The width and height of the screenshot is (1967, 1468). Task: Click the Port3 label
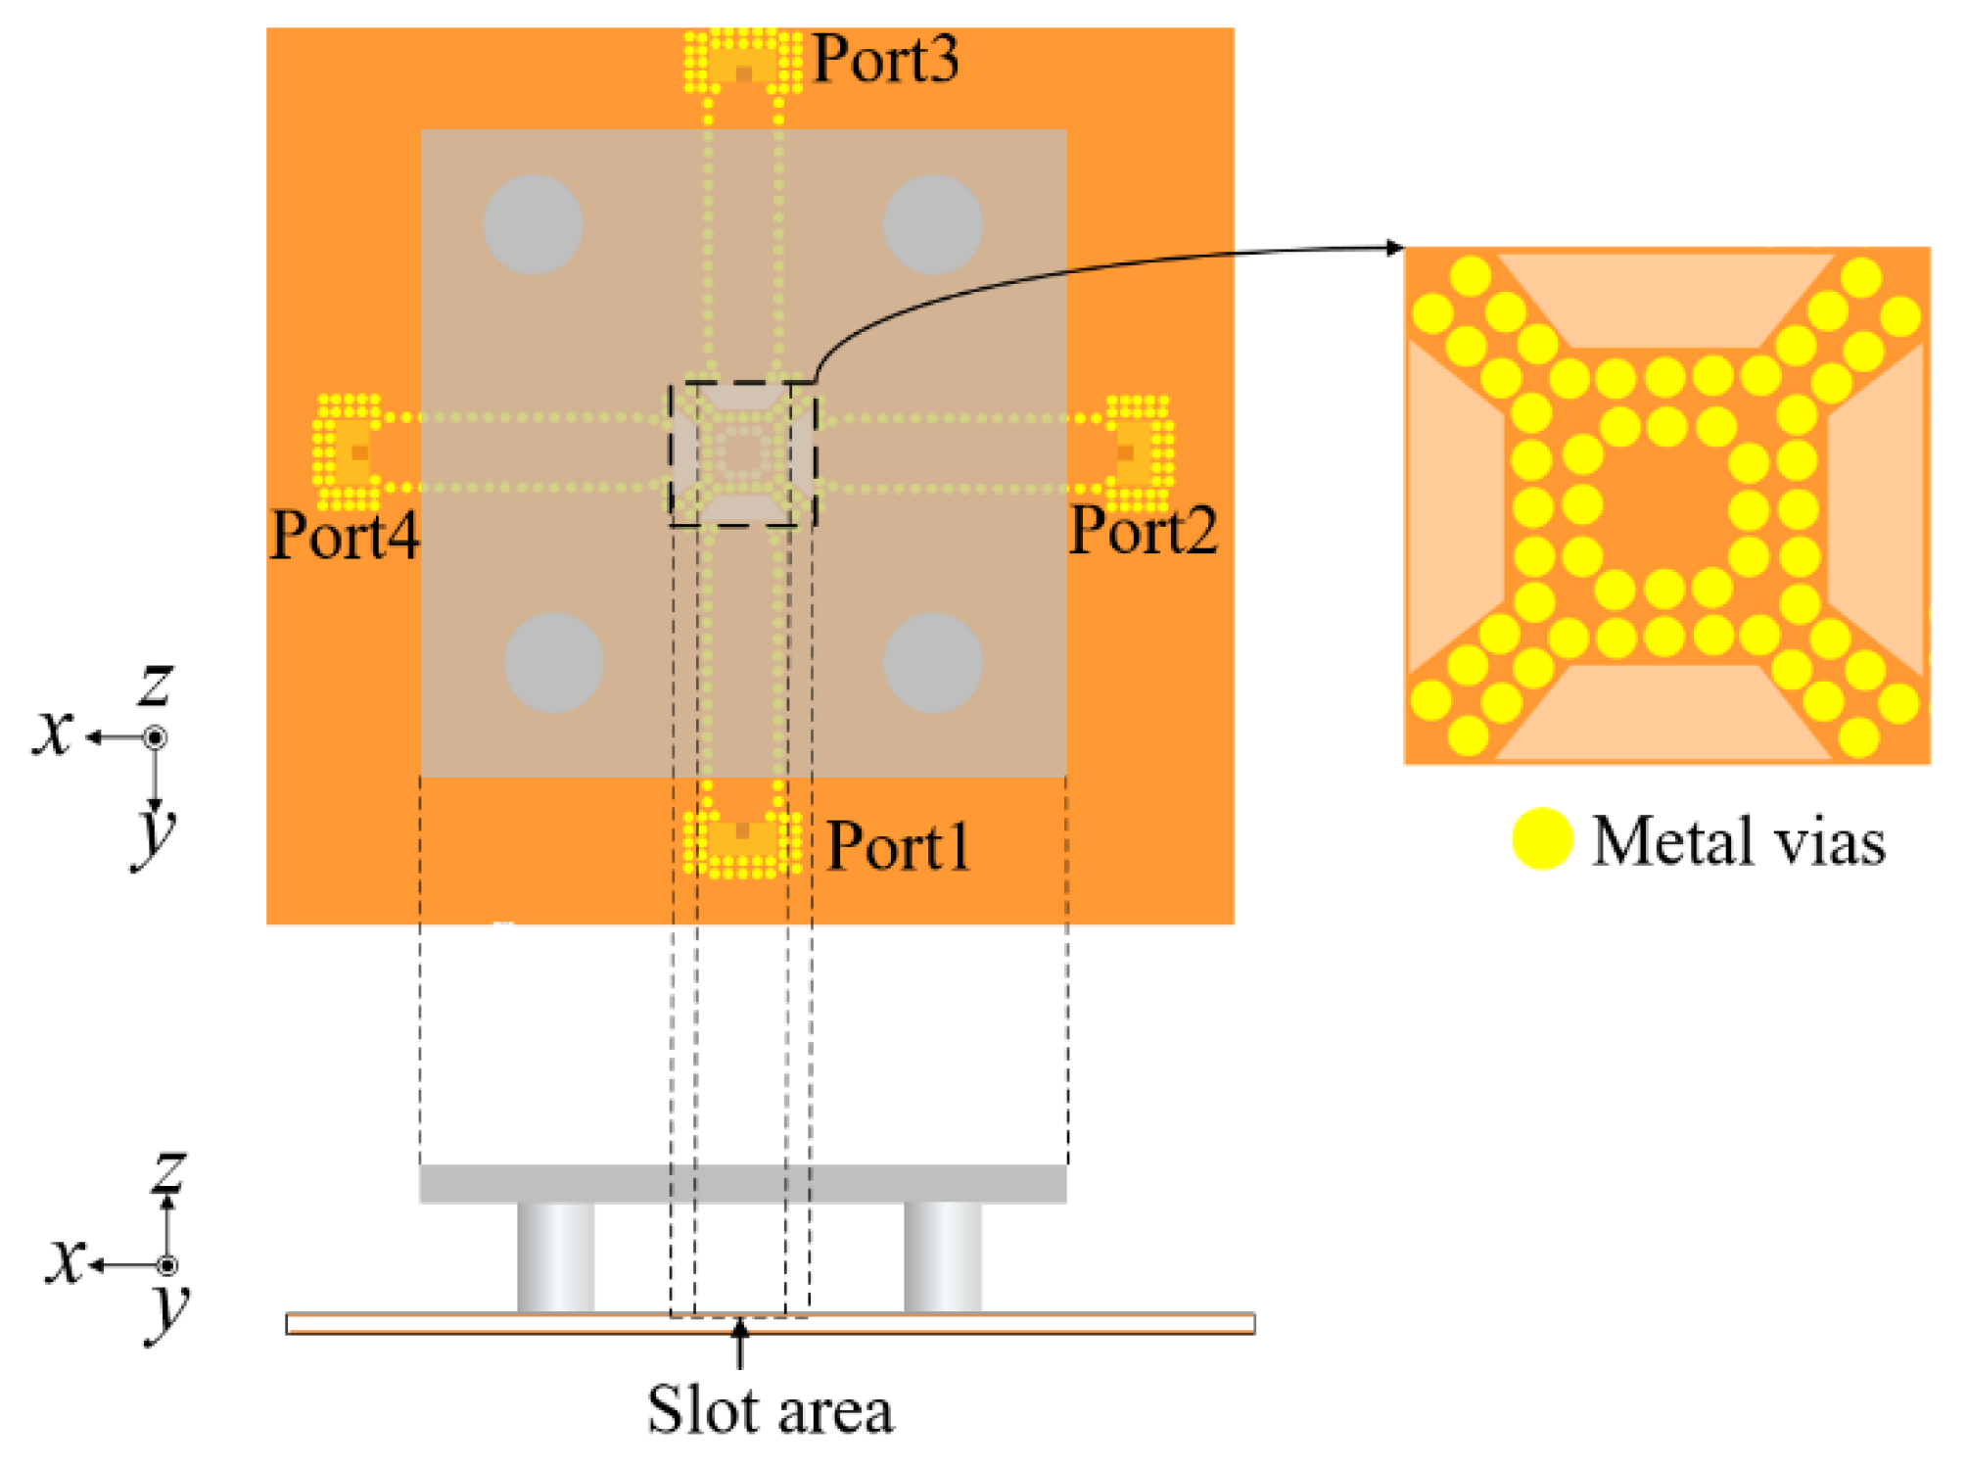click(x=885, y=60)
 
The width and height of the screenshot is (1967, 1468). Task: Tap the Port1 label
click(x=898, y=846)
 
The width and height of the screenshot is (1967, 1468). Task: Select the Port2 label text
click(x=1143, y=532)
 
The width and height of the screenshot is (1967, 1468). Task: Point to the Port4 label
click(x=345, y=536)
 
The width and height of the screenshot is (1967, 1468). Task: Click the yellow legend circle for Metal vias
click(x=1542, y=839)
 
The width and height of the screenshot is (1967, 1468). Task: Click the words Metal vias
click(x=1738, y=841)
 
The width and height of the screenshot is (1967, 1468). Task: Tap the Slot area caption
click(x=770, y=1411)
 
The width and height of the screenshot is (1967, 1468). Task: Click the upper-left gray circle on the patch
click(x=534, y=224)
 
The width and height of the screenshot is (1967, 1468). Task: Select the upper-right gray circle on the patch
click(x=932, y=224)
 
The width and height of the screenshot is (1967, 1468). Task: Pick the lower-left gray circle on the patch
click(x=553, y=663)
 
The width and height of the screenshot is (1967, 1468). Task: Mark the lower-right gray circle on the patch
click(x=932, y=663)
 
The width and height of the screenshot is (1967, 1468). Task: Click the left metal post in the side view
click(x=555, y=1257)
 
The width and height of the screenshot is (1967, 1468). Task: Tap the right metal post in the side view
click(x=942, y=1257)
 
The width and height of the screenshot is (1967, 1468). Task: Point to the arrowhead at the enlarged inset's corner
click(x=1395, y=248)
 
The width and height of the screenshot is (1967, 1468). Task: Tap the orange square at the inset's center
click(x=1665, y=507)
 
